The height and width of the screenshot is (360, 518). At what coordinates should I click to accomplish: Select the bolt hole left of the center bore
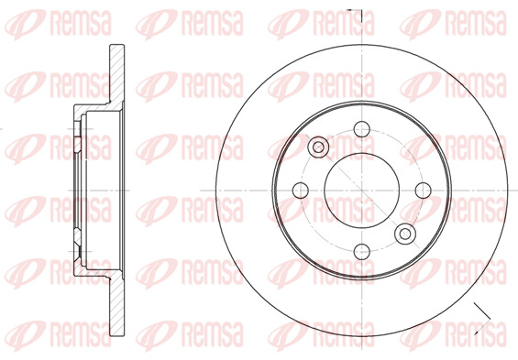tap(300, 190)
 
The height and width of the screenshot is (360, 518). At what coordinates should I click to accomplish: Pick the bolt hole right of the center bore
tap(423, 190)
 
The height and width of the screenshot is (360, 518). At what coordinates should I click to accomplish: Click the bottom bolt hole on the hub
tap(361, 250)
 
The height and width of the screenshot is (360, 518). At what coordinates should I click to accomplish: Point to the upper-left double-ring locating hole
tap(318, 147)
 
